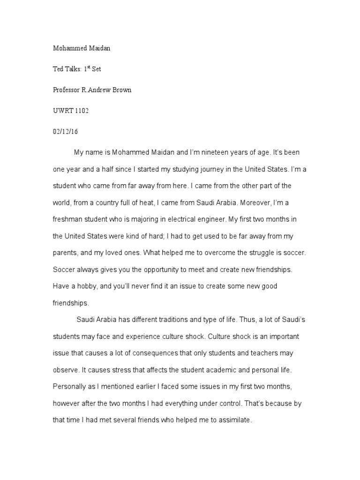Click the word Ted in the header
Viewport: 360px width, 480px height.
click(58, 69)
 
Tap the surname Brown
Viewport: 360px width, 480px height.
click(121, 90)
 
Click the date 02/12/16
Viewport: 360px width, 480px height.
click(65, 132)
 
